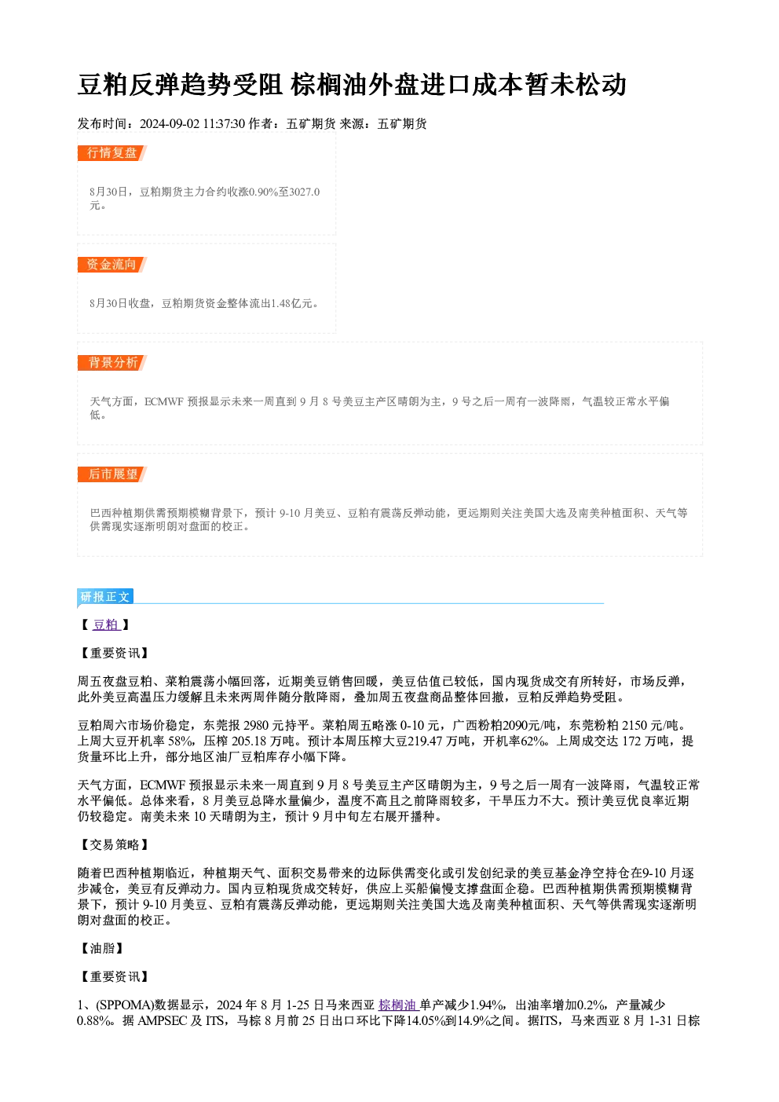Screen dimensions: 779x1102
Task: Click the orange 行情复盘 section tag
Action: (x=112, y=153)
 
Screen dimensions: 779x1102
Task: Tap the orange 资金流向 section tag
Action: (x=112, y=265)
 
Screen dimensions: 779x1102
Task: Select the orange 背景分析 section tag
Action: (x=112, y=363)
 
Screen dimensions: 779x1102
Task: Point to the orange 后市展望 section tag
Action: (x=112, y=474)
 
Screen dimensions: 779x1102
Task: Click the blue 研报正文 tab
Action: (x=105, y=596)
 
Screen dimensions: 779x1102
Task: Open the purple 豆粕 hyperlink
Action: (x=106, y=624)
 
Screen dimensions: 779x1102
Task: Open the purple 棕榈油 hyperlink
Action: (x=397, y=1005)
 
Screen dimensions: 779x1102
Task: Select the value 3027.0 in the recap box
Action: (x=304, y=192)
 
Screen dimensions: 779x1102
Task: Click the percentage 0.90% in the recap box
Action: (x=264, y=192)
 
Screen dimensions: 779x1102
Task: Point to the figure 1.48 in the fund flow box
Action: (x=281, y=303)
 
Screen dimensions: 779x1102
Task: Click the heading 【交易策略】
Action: (x=114, y=844)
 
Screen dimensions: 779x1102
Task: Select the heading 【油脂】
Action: (x=101, y=948)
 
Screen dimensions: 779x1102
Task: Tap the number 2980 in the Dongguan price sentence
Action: (x=256, y=726)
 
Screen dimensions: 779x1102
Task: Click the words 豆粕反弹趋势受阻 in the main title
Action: (x=180, y=85)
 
